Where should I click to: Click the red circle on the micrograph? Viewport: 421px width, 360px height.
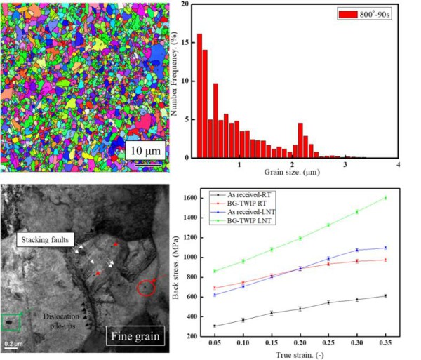tap(145, 287)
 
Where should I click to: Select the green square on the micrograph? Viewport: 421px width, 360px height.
tap(11, 323)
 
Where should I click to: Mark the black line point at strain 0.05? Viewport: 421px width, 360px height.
tap(214, 326)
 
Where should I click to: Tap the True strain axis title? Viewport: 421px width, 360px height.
tap(299, 355)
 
